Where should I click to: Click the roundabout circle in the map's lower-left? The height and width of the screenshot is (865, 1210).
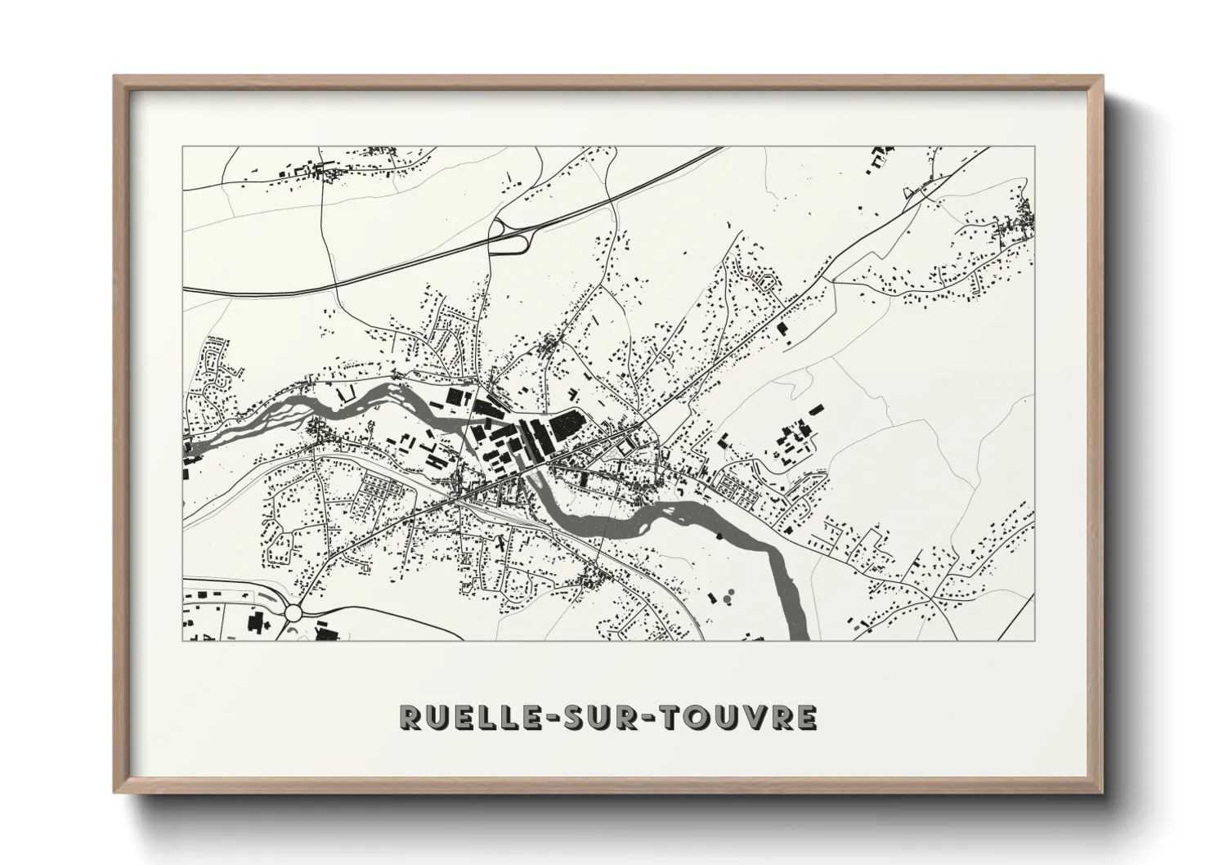tap(295, 612)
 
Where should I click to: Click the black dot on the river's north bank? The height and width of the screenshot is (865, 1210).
tap(719, 536)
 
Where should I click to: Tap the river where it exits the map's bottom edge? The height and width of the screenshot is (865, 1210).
tap(799, 634)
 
